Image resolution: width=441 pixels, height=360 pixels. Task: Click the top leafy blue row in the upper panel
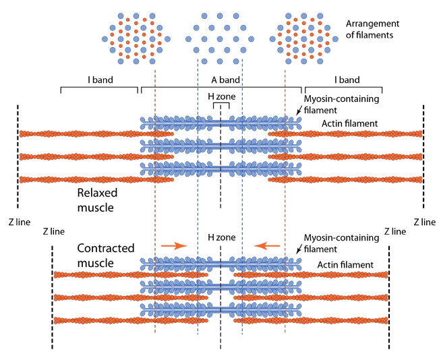coord(220,123)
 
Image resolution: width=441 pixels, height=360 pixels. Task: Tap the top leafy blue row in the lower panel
coord(220,264)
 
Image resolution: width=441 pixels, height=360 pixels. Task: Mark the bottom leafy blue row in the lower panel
coord(220,309)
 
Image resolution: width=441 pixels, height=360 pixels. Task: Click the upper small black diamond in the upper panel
coord(220,134)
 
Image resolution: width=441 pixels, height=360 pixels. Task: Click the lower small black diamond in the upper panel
coord(220,158)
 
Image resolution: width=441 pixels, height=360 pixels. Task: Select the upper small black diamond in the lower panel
coord(220,275)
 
